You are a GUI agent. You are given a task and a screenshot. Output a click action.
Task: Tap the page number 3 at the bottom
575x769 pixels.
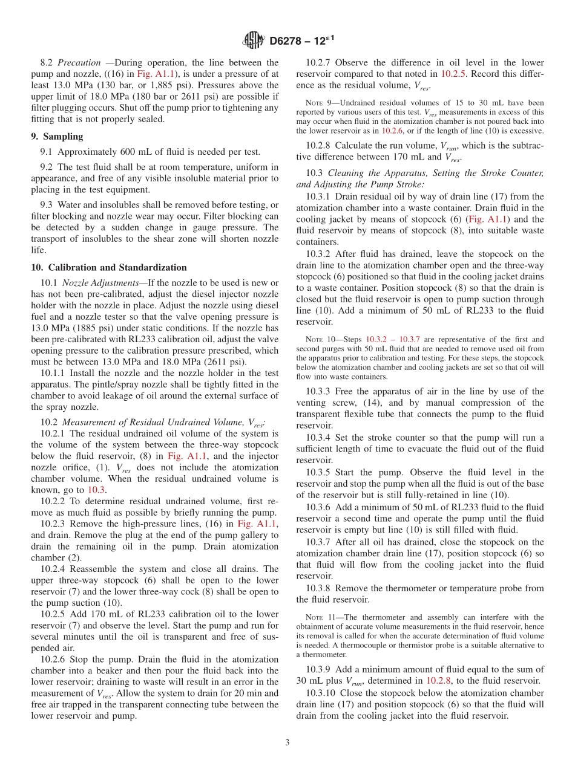coord(287,742)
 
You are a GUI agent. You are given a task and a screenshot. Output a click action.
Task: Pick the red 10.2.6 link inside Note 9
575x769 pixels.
coord(391,131)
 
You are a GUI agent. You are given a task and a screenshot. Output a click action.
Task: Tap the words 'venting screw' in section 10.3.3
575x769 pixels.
coord(325,403)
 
